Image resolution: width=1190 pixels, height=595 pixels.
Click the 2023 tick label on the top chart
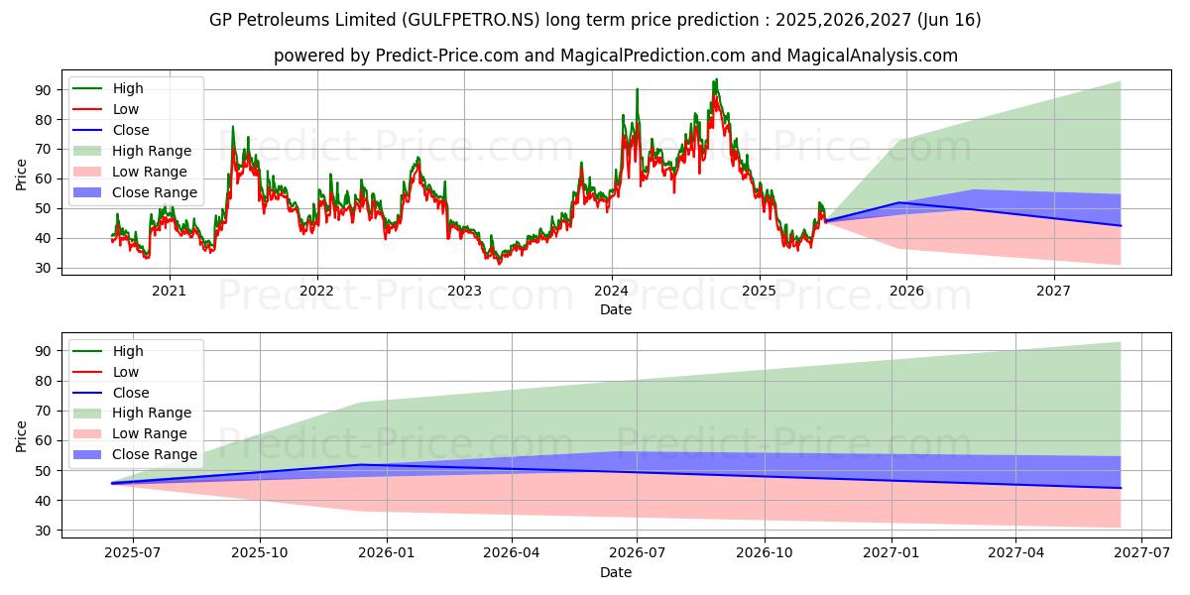464,291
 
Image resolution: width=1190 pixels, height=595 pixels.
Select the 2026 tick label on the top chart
906,291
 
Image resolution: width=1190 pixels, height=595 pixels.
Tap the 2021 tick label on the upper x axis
170,291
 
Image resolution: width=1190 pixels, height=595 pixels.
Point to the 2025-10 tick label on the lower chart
260,553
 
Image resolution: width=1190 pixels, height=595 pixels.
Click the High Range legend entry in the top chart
152,151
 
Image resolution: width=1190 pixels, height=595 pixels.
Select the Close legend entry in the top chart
131,130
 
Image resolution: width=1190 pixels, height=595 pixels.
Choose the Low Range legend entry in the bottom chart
150,433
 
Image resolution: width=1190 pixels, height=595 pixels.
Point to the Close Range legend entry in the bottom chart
155,454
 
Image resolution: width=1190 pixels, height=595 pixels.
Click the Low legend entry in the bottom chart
126,372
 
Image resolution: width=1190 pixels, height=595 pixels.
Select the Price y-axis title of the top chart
22,175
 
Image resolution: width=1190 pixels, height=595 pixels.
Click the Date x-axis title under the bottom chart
615,572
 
